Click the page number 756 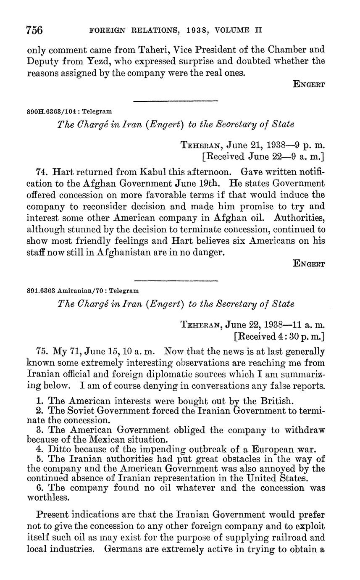coord(35,31)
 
